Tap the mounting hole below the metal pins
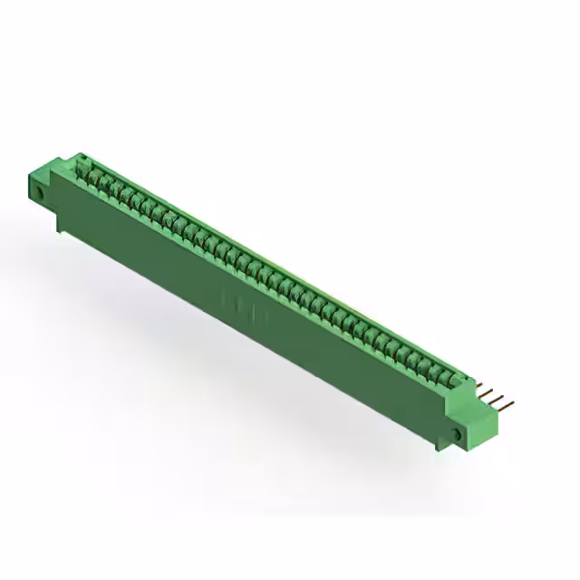(457, 435)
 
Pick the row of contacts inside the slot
(272, 272)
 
